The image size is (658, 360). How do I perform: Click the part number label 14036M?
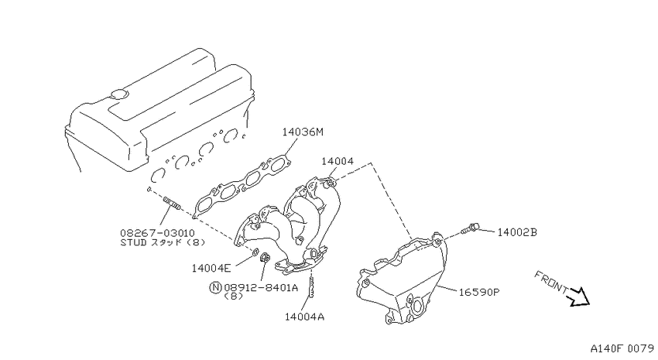pos(303,132)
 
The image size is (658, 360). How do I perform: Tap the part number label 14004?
pos(338,161)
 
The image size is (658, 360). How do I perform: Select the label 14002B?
pos(517,232)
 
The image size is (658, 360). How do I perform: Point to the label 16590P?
pos(479,292)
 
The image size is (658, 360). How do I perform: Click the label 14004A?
pos(305,317)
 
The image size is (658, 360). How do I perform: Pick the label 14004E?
pos(211,268)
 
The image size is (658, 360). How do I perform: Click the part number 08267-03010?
pos(157,233)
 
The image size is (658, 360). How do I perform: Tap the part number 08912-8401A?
pos(261,287)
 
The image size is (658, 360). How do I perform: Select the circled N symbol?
pos(215,287)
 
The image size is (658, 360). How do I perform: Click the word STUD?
pos(133,242)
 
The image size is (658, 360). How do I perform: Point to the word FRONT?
pos(551,282)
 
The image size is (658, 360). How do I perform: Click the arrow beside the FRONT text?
pos(579,297)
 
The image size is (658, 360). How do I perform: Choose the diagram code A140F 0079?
pos(622,348)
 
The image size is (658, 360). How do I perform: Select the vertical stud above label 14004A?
pos(311,284)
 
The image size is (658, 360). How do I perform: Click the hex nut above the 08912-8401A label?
pos(266,258)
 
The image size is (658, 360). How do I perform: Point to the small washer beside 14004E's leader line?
pos(255,252)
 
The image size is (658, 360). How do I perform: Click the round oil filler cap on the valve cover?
pos(119,94)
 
